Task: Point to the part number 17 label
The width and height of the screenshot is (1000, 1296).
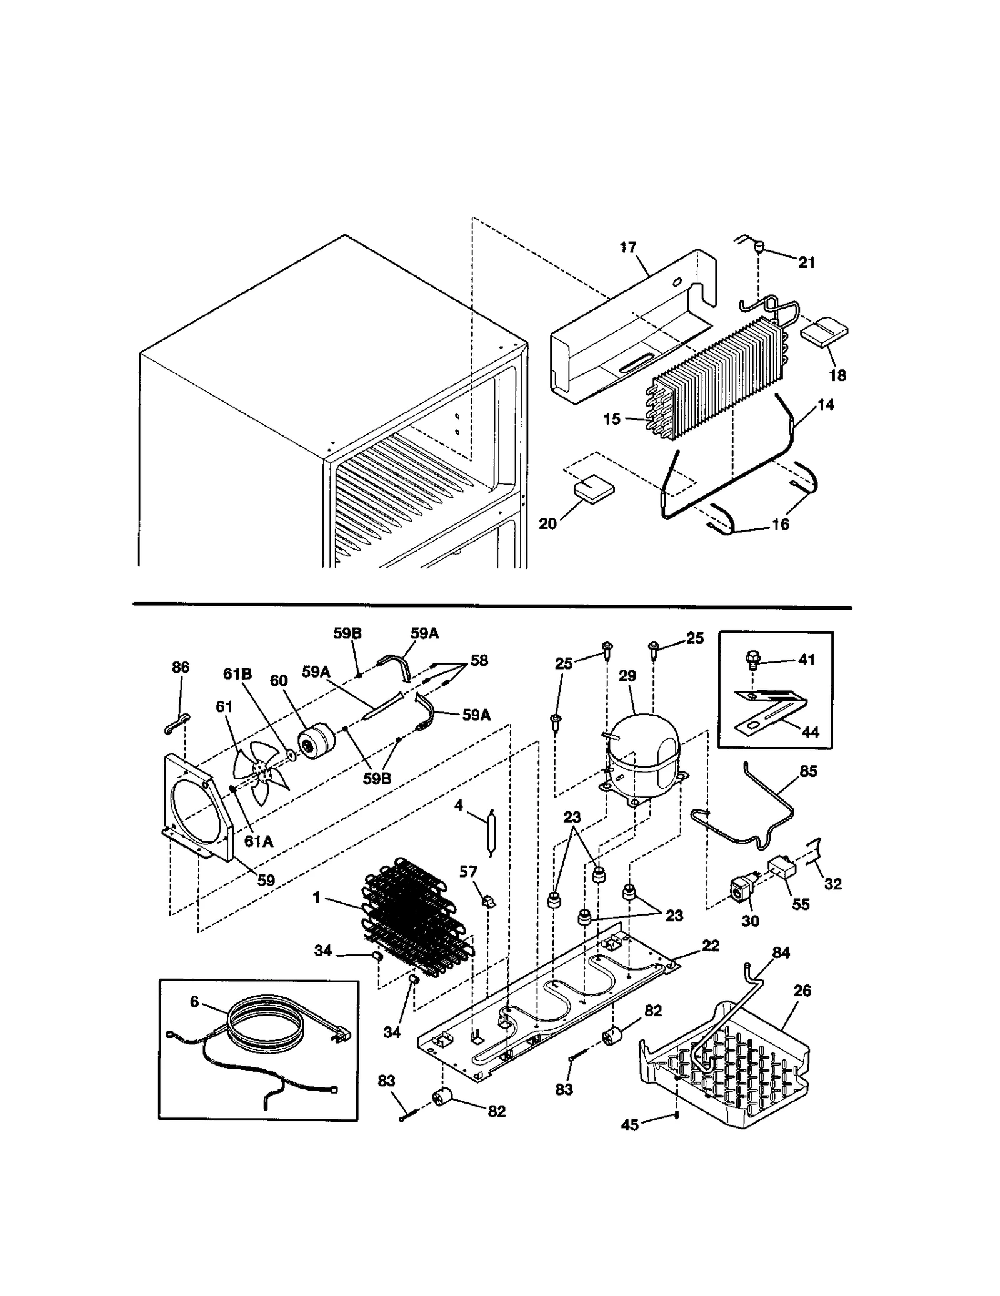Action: (x=627, y=247)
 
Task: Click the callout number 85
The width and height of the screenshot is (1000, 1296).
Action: (x=808, y=771)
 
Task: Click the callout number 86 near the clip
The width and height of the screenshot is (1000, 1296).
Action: (x=181, y=667)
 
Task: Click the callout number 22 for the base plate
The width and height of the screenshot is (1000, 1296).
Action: (x=710, y=946)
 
